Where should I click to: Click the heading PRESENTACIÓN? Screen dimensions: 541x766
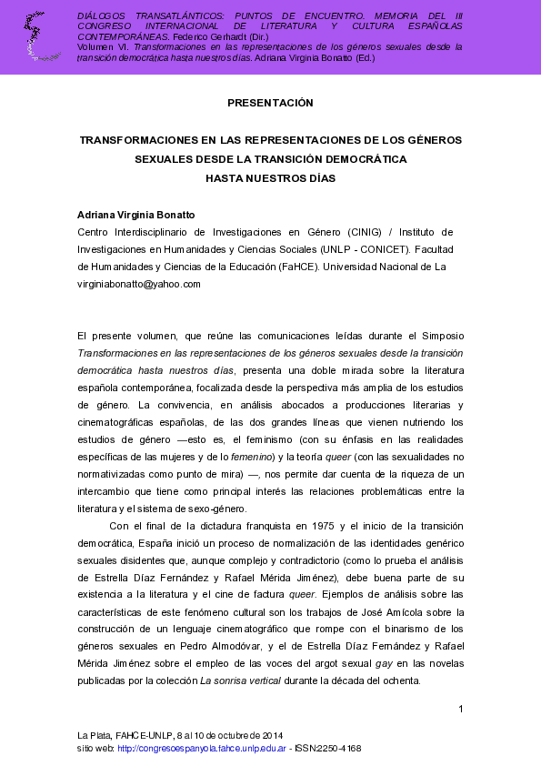coord(270,103)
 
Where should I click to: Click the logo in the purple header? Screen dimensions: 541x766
coord(38,36)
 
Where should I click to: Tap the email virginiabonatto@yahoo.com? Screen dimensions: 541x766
coord(139,284)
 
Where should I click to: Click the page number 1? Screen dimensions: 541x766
coord(461,709)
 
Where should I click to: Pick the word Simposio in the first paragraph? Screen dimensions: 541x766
coord(439,336)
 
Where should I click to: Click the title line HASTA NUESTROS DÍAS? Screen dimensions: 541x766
coord(270,178)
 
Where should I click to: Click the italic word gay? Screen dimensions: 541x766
coord(384,663)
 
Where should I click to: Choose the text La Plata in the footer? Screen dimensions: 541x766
coord(94,734)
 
